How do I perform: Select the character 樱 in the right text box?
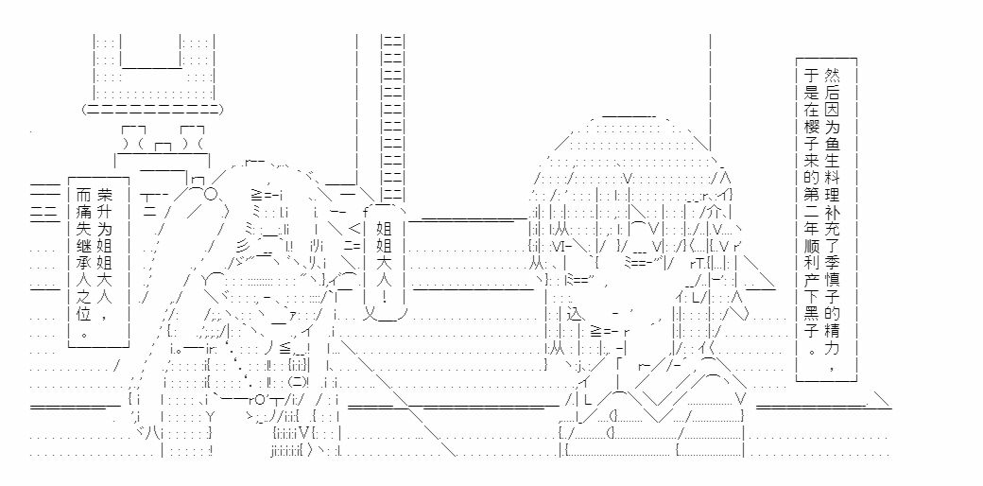coord(812,128)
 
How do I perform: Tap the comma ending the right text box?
coord(830,366)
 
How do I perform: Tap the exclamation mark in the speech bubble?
coord(384,294)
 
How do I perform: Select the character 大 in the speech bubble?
coord(384,260)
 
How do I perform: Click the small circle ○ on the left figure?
coord(211,194)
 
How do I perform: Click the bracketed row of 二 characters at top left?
coord(152,109)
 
